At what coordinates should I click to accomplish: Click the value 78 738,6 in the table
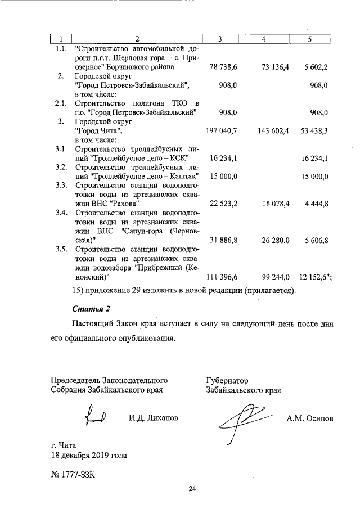(x=223, y=67)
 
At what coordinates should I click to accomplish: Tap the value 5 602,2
(x=314, y=67)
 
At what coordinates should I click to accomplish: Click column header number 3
(x=220, y=39)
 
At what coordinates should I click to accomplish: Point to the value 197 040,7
(x=223, y=130)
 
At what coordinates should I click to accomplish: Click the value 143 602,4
(x=273, y=130)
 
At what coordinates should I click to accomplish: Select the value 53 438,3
(x=312, y=130)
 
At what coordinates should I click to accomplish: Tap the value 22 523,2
(x=223, y=203)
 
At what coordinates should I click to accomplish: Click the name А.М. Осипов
(x=309, y=418)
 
